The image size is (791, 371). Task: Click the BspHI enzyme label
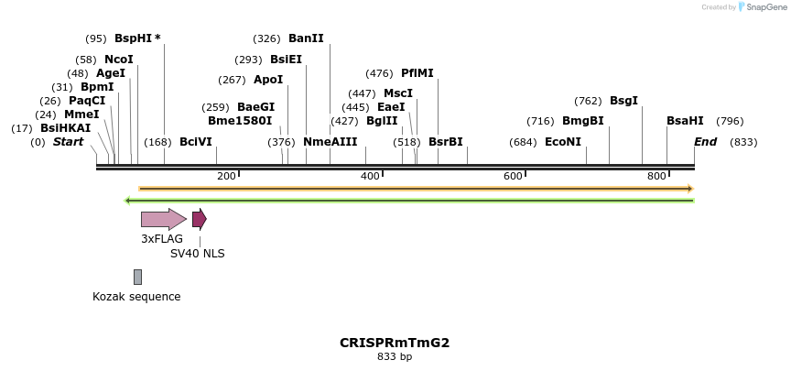[x=134, y=38]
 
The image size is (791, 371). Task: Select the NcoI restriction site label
[x=119, y=60]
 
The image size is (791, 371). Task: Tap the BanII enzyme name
[x=306, y=38]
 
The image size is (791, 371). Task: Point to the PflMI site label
[x=417, y=73]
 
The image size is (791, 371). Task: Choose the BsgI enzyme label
[x=623, y=101]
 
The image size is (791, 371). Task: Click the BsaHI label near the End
[x=685, y=121]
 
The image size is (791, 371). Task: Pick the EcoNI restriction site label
[x=563, y=142]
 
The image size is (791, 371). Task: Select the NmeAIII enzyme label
[x=330, y=142]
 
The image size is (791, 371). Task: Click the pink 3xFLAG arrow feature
[x=163, y=219]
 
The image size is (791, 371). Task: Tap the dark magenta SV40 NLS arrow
[x=199, y=219]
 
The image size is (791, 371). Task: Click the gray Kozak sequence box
[x=137, y=277]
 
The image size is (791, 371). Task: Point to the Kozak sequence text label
[x=136, y=297]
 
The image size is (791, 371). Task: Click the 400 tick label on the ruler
[x=370, y=176]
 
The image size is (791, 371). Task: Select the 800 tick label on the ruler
[x=656, y=176]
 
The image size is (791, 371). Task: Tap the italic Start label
[x=68, y=142]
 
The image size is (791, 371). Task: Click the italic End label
[x=705, y=142]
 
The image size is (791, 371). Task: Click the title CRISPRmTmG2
[x=395, y=343]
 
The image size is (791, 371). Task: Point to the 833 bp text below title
[x=395, y=357]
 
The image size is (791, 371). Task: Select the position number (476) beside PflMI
[x=379, y=73]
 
